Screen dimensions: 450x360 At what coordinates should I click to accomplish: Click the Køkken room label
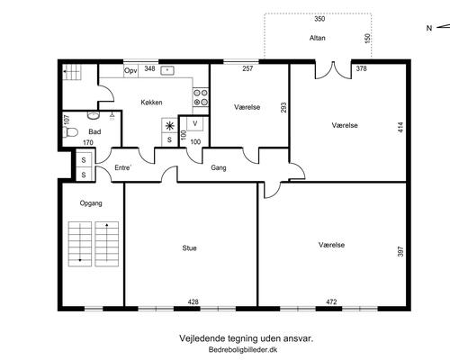tap(151, 103)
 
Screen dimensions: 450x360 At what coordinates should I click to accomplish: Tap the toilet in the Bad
tap(70, 132)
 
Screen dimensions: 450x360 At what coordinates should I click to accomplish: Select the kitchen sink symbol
tap(167, 71)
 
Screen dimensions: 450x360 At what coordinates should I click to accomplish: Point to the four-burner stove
tap(201, 97)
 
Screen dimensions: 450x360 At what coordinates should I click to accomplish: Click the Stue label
tap(190, 248)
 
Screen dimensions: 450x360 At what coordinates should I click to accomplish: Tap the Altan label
tap(318, 38)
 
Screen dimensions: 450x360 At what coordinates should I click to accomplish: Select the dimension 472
tap(331, 302)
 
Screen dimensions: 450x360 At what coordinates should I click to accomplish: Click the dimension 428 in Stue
tap(193, 302)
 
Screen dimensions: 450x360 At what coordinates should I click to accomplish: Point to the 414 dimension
tap(400, 128)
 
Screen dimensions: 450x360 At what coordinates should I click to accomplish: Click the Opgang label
tap(91, 203)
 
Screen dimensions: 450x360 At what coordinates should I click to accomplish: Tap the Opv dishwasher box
tap(130, 71)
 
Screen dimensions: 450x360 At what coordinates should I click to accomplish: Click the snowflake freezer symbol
tap(169, 126)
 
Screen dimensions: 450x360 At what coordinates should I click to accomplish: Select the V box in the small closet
tap(195, 123)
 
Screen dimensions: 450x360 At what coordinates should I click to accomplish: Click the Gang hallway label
tap(219, 167)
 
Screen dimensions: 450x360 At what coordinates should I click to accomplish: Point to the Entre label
tap(122, 167)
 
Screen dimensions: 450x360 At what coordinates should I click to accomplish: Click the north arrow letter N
tap(429, 28)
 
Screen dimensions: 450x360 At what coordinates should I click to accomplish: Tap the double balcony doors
tap(333, 70)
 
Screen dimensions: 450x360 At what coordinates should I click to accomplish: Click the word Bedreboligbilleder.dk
tap(243, 349)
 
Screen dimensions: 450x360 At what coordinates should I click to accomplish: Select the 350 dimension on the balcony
tap(319, 19)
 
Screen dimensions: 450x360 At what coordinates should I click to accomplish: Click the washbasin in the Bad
tap(94, 115)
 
